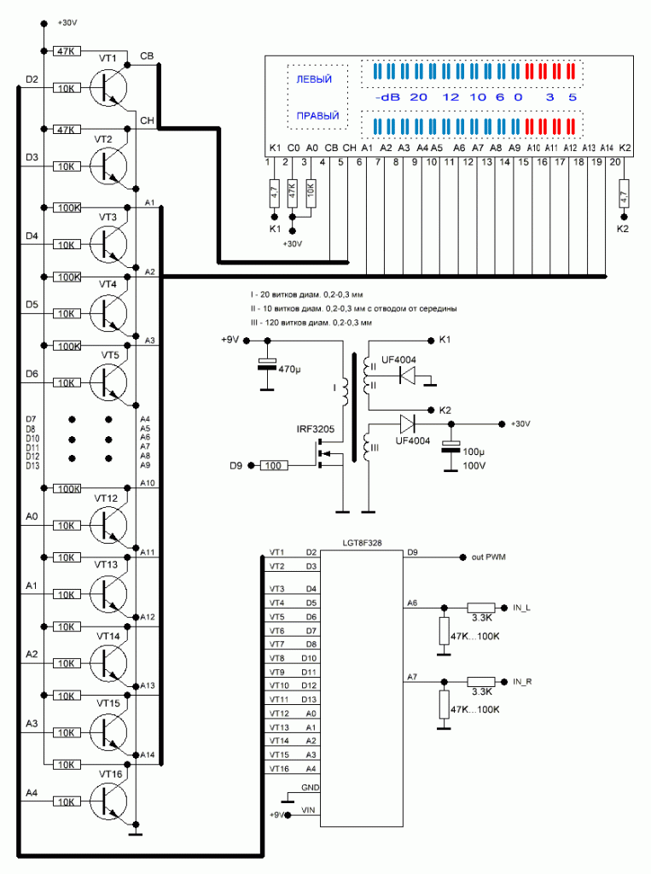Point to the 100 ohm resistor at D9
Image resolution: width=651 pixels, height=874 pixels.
click(273, 465)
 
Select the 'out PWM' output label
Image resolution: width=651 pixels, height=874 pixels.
click(490, 557)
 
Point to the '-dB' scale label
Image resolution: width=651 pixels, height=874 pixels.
click(387, 97)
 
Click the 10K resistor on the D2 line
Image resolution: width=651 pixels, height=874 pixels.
click(67, 88)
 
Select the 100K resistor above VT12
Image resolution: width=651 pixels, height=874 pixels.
click(67, 489)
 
